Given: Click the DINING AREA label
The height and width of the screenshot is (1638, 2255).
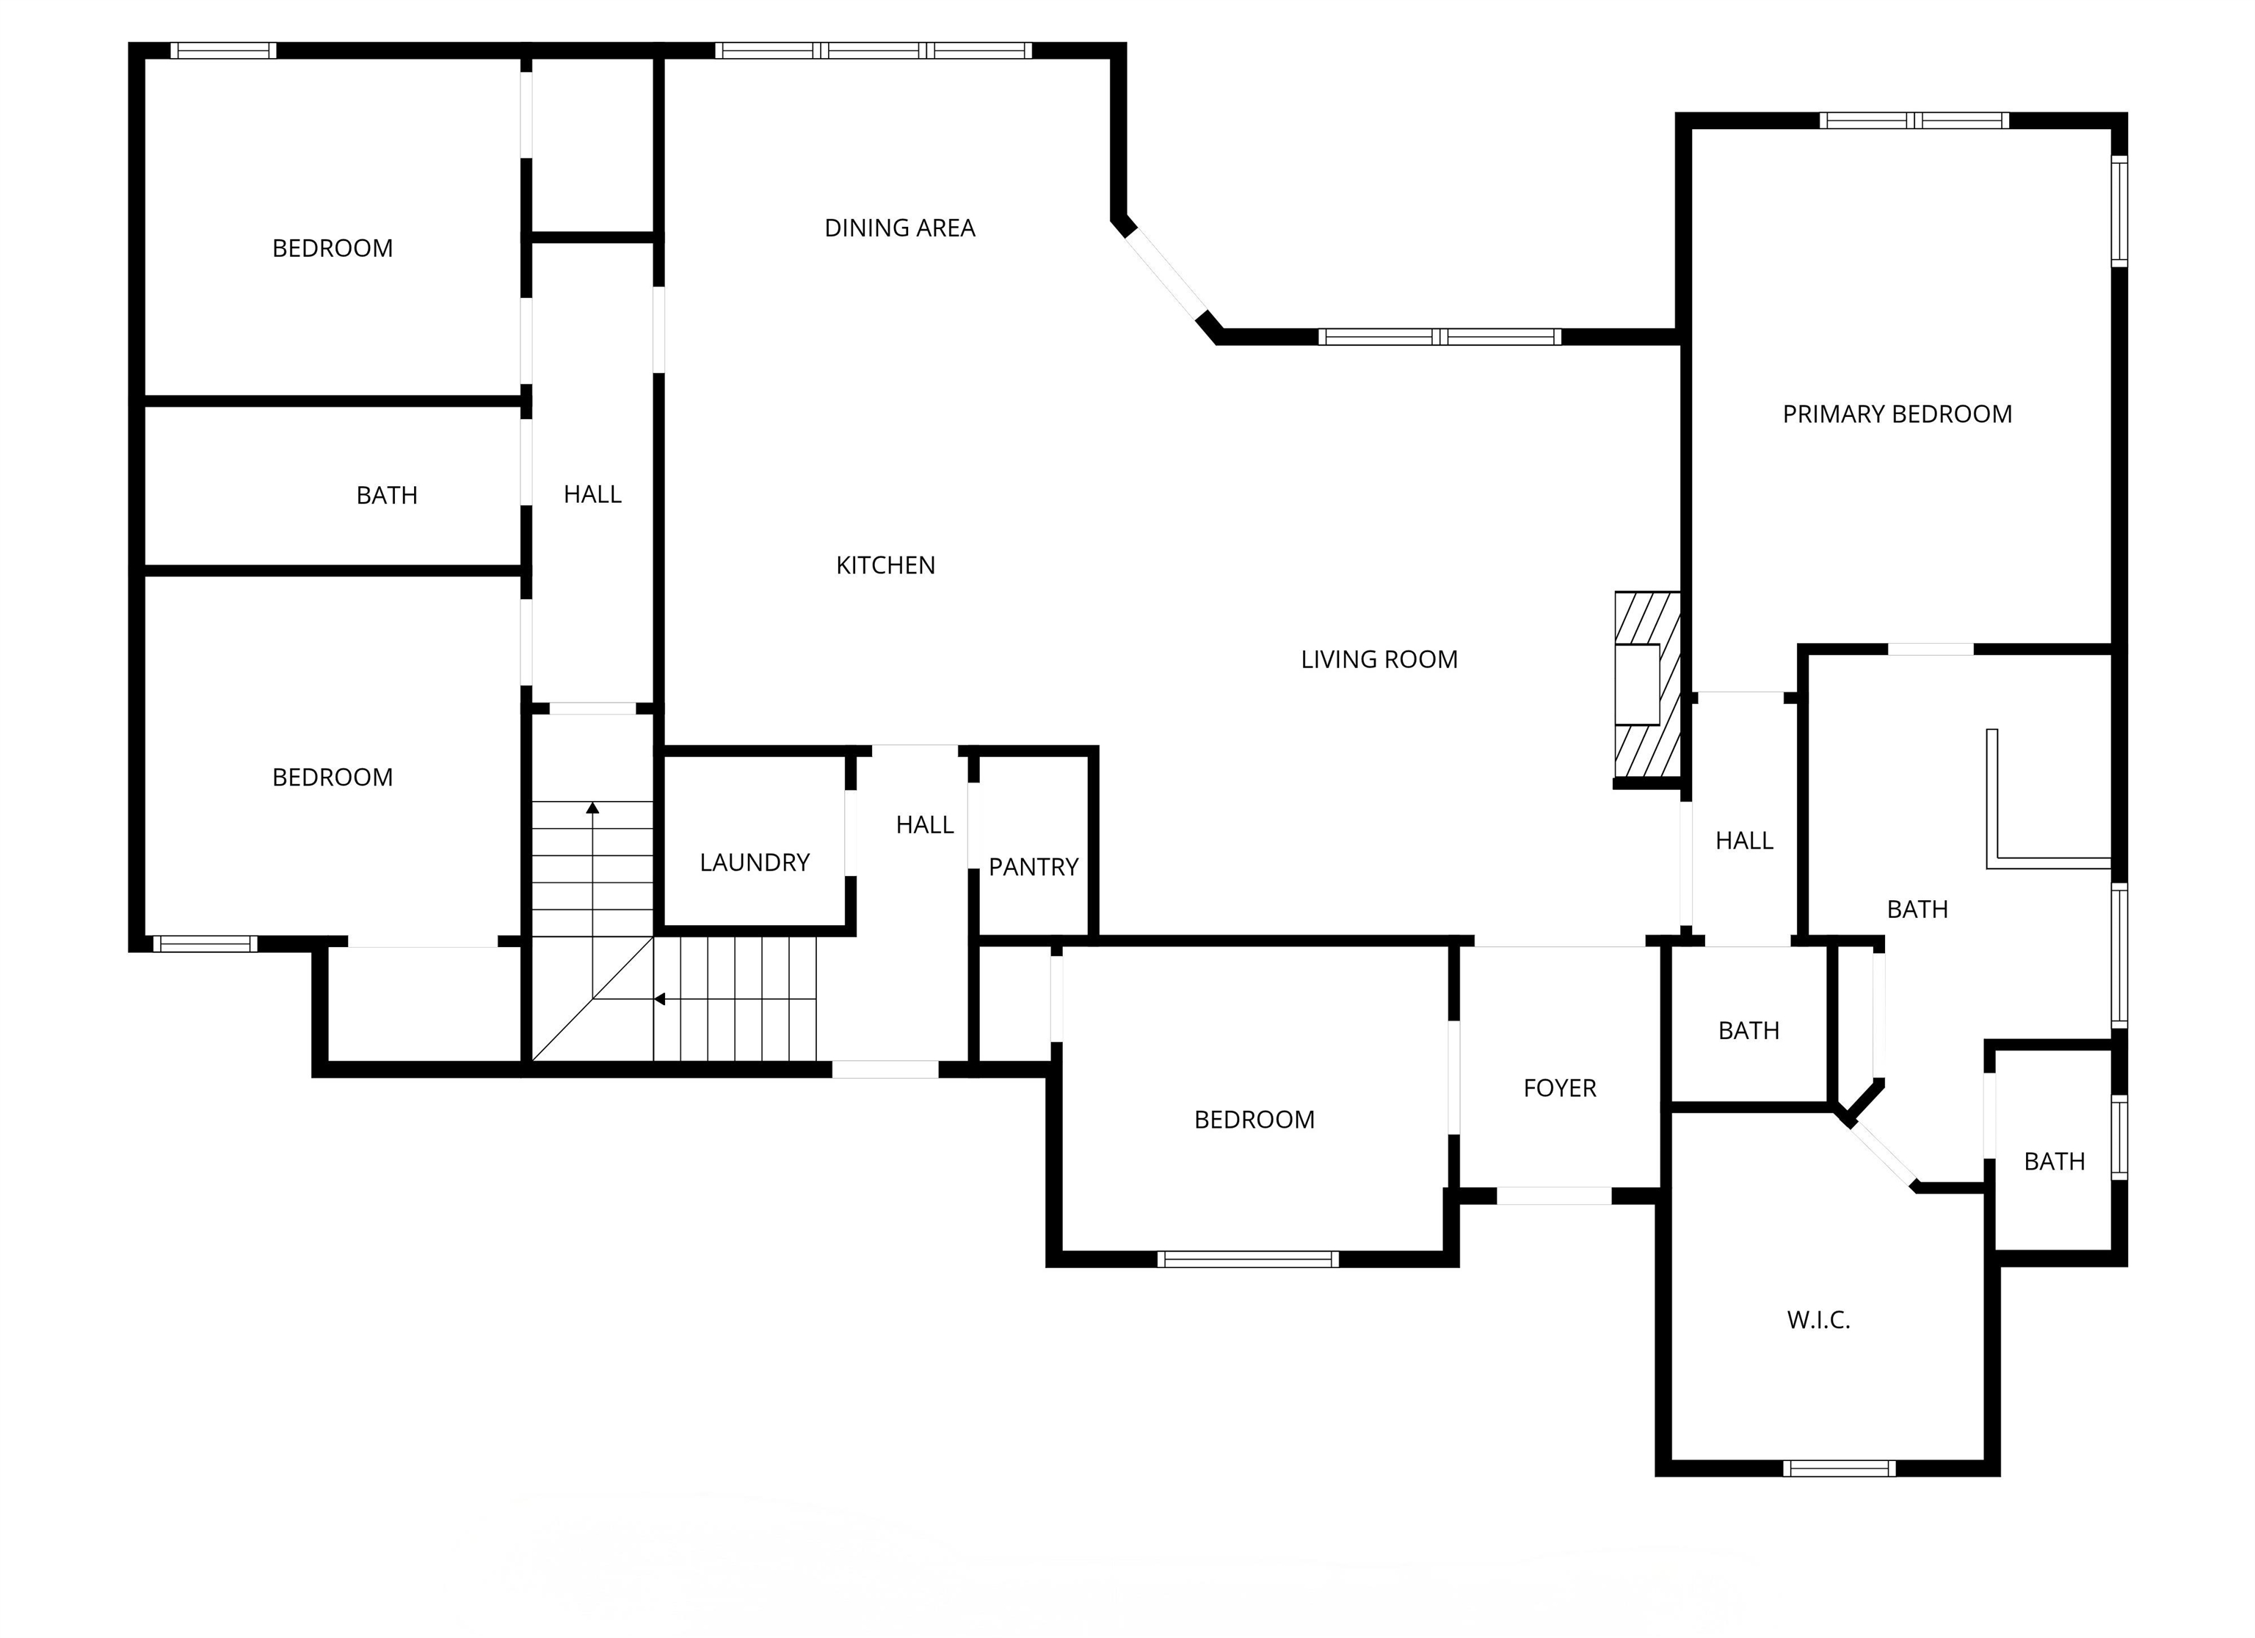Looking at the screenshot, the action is click(x=900, y=228).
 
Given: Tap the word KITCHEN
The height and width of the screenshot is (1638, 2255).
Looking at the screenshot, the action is click(x=885, y=565).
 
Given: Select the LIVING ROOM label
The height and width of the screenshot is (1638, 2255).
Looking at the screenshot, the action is click(x=1379, y=659).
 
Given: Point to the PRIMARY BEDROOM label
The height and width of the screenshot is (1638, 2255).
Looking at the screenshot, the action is click(x=1897, y=414).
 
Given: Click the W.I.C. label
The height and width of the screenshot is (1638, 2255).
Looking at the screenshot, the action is click(x=1818, y=1320).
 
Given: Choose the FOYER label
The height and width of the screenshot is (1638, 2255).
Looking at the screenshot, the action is click(x=1559, y=1088).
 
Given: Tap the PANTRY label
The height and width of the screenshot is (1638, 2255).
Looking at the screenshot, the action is click(x=1033, y=867).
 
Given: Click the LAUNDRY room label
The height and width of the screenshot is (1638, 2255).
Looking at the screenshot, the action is click(x=755, y=862).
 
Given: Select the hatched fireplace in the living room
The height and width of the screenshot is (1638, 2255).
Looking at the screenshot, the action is click(x=1646, y=684).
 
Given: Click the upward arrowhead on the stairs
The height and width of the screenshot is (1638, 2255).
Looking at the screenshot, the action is click(x=592, y=808).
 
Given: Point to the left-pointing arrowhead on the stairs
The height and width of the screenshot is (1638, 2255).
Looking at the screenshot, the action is click(x=659, y=999).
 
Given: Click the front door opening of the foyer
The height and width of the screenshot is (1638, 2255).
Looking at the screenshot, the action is click(x=1553, y=1197).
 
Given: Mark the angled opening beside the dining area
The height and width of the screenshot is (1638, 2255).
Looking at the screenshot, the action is click(x=1166, y=274).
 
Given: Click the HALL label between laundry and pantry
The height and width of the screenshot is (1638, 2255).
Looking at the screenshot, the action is click(x=925, y=825).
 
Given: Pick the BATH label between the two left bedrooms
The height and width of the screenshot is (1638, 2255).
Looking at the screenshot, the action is click(x=387, y=496).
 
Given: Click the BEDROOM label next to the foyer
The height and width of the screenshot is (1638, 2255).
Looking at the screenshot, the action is click(x=1254, y=1120).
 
